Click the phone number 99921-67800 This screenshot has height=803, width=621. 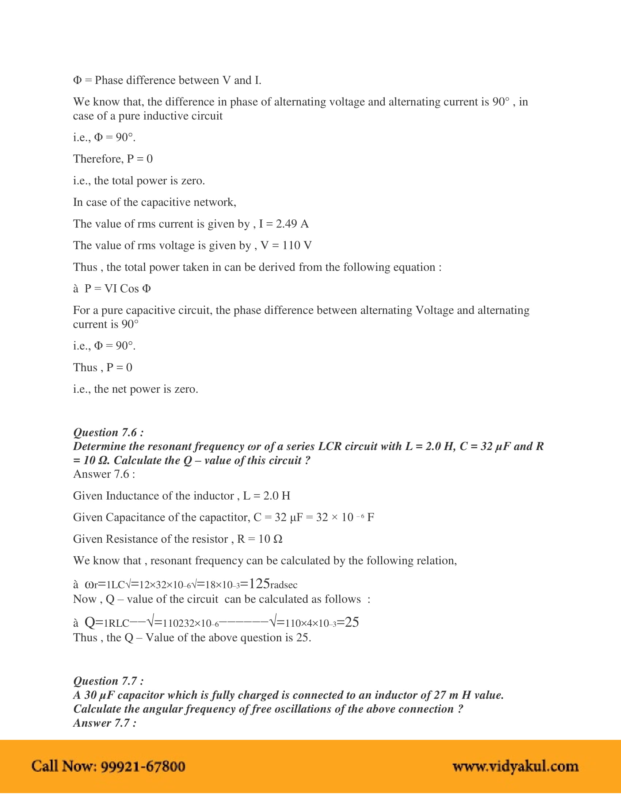pyautogui.click(x=143, y=766)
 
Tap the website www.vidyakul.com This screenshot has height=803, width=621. pyautogui.click(x=515, y=766)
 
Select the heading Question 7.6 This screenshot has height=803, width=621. pyautogui.click(x=108, y=433)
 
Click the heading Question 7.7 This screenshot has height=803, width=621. pyautogui.click(x=108, y=681)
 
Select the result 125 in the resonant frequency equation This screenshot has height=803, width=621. pyautogui.click(x=259, y=584)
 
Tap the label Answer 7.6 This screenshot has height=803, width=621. pyautogui.click(x=104, y=474)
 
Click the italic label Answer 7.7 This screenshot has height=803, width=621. pyautogui.click(x=104, y=723)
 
